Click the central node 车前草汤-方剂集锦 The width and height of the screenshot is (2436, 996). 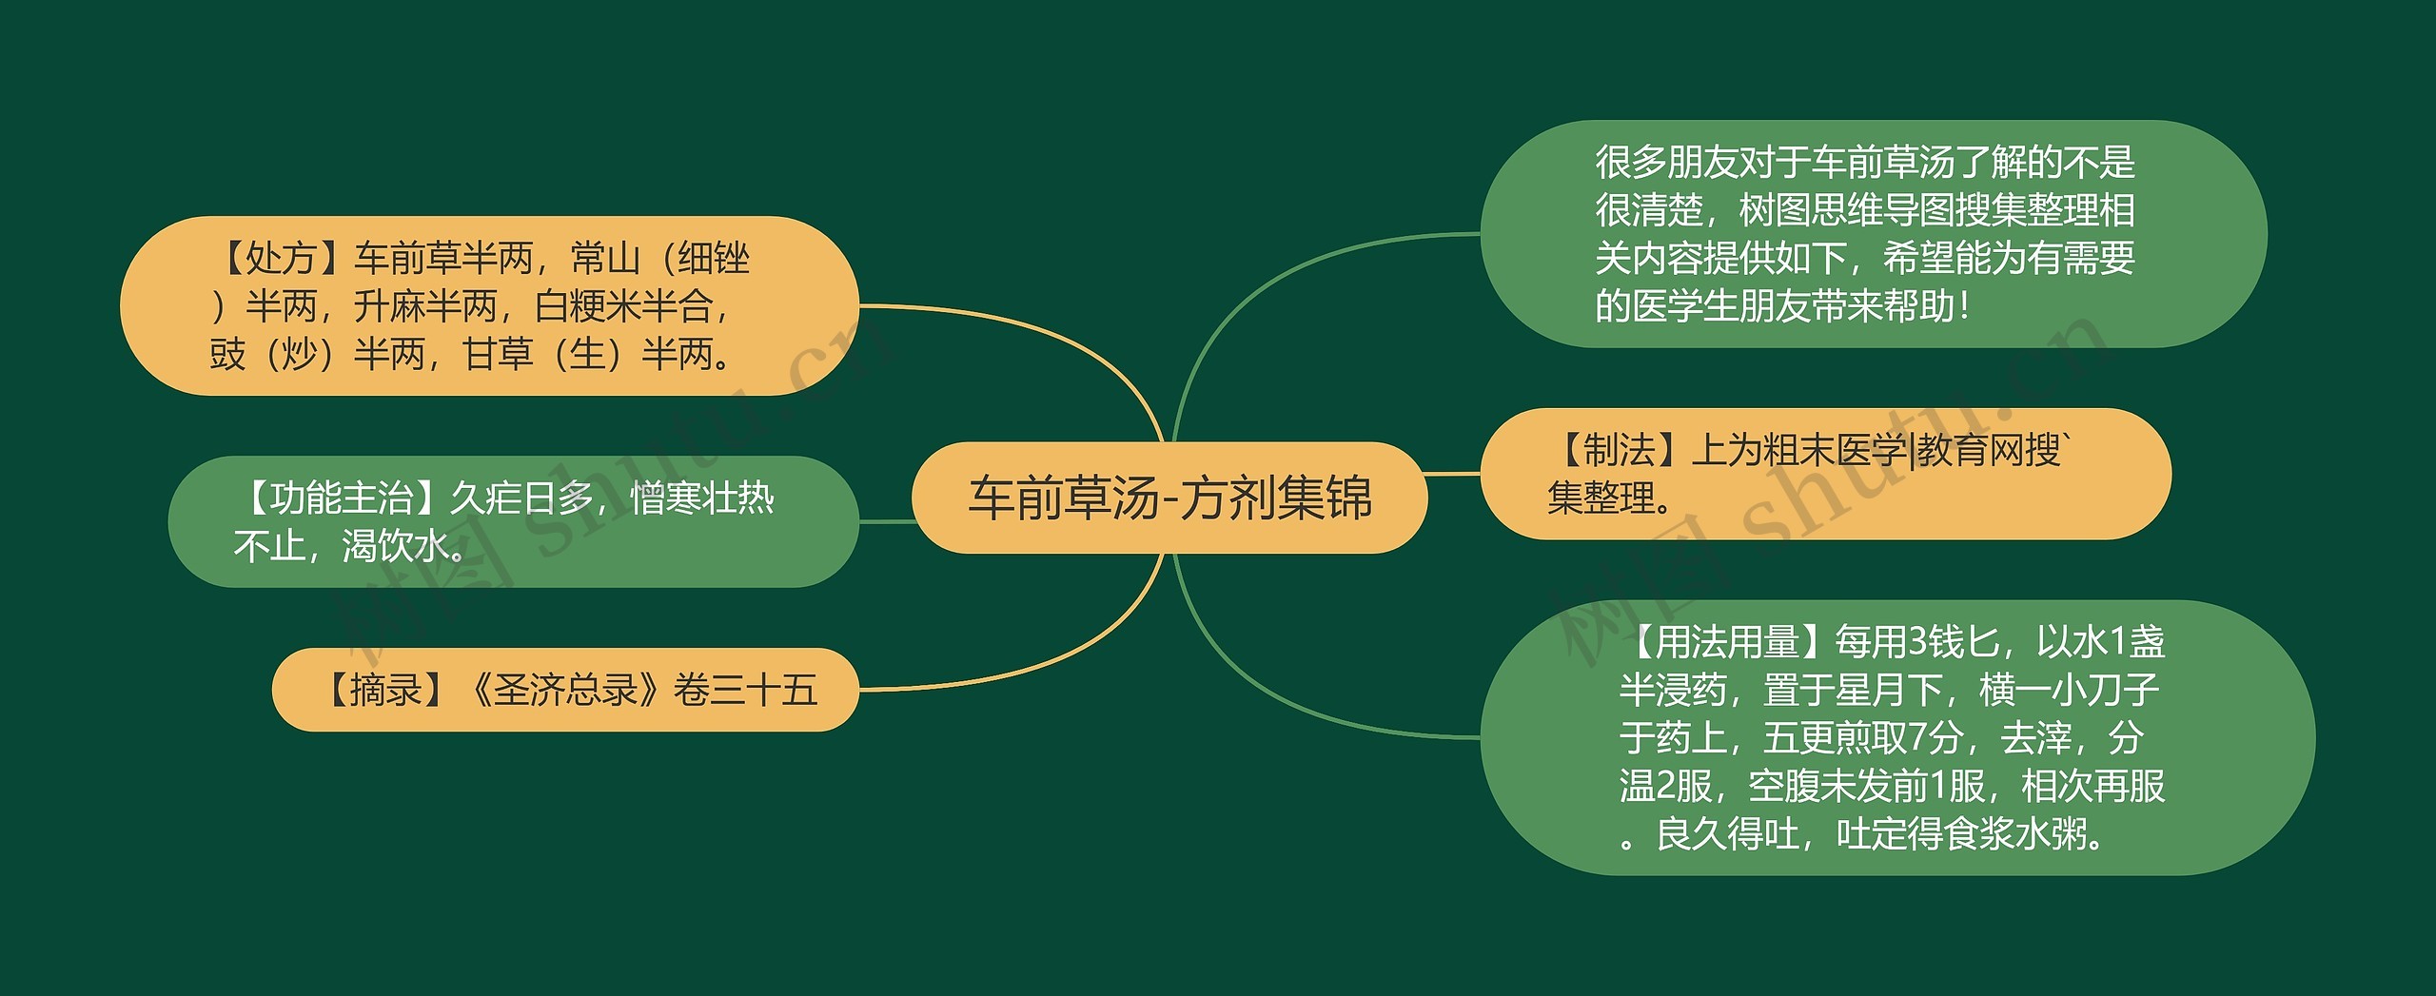(x=1169, y=498)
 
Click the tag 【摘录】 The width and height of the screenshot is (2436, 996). (x=385, y=691)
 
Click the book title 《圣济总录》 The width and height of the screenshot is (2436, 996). (x=565, y=691)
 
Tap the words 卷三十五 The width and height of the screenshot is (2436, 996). (x=745, y=691)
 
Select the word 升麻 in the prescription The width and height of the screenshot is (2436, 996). (x=389, y=306)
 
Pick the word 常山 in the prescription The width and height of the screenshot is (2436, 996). (x=605, y=258)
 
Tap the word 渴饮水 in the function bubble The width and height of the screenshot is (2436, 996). (x=395, y=547)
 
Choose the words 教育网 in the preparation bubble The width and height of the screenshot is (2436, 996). (x=1971, y=451)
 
